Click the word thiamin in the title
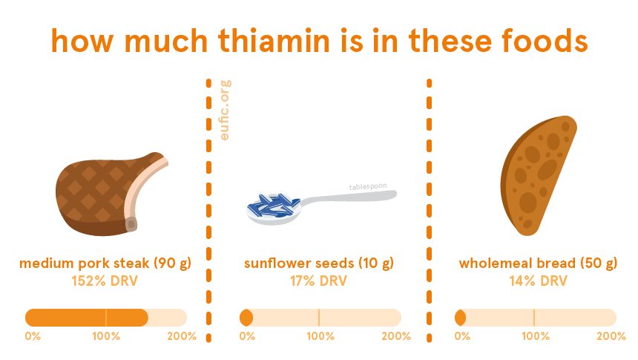point(274,40)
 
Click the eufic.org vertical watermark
point(225,110)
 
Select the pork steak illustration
point(111,194)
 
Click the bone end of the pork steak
point(131,224)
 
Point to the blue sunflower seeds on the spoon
point(272,205)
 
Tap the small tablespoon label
point(368,186)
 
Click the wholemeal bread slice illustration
point(538,175)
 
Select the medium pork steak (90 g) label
point(105,264)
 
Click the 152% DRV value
point(105,281)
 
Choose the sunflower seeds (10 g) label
point(319,264)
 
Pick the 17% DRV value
point(318,281)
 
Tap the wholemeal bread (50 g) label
point(538,264)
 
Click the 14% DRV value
point(538,281)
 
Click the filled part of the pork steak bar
point(87,318)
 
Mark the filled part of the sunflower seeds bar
point(246,318)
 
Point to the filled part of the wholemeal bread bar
point(460,318)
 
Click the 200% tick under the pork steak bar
point(182,336)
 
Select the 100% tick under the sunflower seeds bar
point(320,336)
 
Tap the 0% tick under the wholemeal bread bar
point(462,336)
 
